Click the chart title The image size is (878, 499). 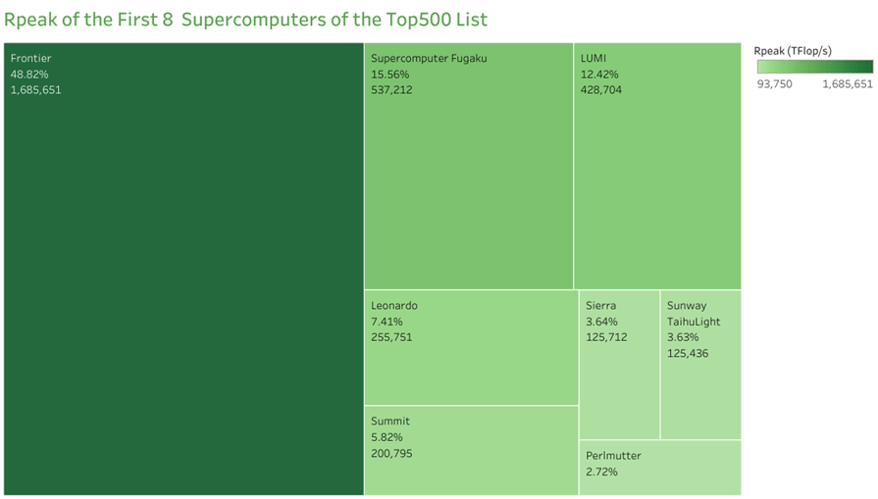[245, 20]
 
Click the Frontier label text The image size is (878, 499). [30, 59]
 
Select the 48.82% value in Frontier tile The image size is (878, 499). [29, 75]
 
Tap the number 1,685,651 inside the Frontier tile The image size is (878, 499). [36, 90]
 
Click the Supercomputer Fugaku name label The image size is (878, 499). [429, 59]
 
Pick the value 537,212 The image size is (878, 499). [391, 90]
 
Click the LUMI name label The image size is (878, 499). [593, 59]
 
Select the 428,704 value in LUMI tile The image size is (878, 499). [601, 90]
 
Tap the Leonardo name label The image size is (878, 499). [394, 306]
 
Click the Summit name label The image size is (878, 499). [390, 422]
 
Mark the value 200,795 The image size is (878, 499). [392, 453]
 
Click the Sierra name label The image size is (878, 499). [600, 306]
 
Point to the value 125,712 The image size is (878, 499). [606, 337]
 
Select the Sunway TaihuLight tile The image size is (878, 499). [700, 392]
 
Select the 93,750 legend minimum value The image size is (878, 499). [775, 84]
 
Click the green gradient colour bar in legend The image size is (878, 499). [814, 67]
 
